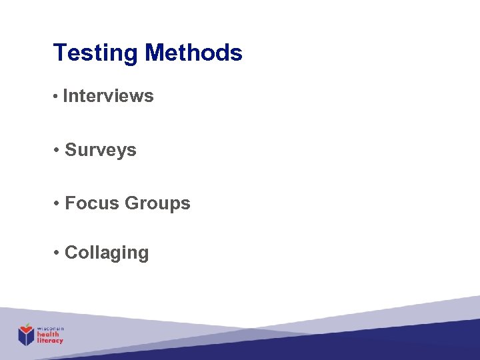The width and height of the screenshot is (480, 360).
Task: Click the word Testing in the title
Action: (96, 53)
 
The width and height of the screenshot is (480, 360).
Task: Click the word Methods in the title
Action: (193, 52)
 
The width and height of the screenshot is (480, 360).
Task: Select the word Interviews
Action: (108, 96)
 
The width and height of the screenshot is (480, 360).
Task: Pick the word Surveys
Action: (101, 151)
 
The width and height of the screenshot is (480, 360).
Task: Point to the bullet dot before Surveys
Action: (58, 151)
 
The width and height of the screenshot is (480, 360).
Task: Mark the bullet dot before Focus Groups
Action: (58, 204)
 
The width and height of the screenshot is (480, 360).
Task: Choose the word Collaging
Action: (107, 253)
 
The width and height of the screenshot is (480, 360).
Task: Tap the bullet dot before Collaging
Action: (58, 253)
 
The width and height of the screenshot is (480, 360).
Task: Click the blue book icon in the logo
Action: (26, 337)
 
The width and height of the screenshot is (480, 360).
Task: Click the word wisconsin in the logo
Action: (50, 329)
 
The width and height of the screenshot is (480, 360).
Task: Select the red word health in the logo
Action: (48, 335)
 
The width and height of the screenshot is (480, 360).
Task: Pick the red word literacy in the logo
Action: (50, 341)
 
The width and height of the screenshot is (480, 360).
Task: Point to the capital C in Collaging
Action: (71, 253)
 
